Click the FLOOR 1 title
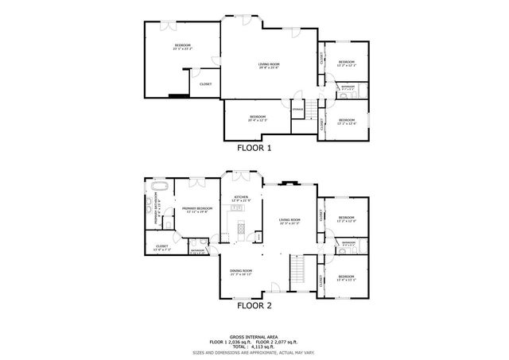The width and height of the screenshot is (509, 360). tap(254, 148)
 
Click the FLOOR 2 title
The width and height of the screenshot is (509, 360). tap(254, 304)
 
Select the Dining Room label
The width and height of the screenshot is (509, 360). tap(242, 271)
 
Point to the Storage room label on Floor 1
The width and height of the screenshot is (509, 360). tap(297, 108)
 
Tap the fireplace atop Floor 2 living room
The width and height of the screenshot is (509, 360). tap(290, 182)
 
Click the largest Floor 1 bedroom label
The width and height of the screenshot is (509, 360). tap(183, 47)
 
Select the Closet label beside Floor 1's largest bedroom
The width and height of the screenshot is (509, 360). tap(205, 83)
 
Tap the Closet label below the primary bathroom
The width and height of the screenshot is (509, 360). tap(161, 246)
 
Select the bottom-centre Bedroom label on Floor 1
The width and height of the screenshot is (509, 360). tap(257, 117)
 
